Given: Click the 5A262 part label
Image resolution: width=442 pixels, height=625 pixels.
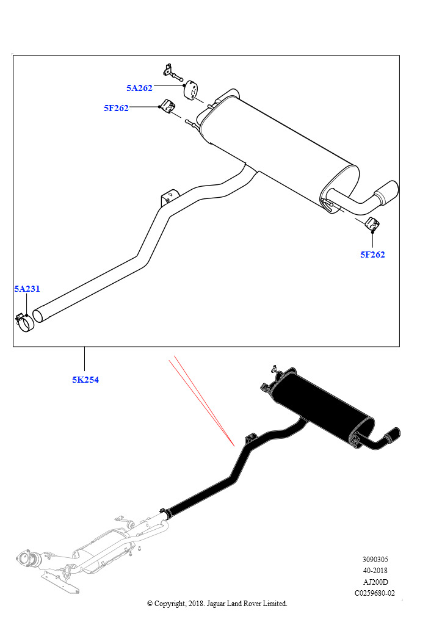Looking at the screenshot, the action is click(x=139, y=88).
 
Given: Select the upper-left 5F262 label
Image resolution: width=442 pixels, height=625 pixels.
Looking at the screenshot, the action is click(x=116, y=108).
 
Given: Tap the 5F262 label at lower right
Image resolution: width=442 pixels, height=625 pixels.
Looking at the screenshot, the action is click(x=372, y=255).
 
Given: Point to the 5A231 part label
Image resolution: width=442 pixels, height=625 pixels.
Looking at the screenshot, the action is click(x=27, y=289).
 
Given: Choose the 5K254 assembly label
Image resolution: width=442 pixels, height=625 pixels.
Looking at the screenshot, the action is click(x=85, y=380).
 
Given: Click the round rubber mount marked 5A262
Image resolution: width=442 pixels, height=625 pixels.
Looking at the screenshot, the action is click(x=192, y=90).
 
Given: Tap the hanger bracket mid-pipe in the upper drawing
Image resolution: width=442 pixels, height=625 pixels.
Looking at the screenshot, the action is click(x=169, y=197).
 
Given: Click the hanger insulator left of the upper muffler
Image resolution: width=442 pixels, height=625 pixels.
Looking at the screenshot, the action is click(x=168, y=106).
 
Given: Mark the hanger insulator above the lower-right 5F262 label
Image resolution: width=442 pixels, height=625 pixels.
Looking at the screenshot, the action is click(x=372, y=225).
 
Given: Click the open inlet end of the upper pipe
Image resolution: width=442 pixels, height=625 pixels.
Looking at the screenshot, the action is click(x=38, y=315).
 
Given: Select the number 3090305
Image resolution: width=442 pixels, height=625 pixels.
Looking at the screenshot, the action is click(x=375, y=560).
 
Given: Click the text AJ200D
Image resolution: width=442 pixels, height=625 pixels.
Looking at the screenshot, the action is click(x=375, y=582).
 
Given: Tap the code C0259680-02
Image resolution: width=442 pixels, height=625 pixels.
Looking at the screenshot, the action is click(x=375, y=593).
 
